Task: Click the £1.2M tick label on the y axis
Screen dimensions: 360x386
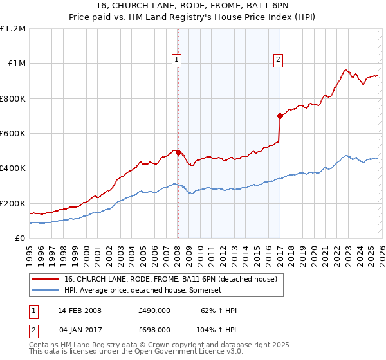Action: tap(13, 29)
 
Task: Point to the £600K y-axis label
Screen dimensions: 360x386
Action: tap(13, 134)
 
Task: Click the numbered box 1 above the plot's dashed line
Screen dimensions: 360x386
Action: tap(176, 60)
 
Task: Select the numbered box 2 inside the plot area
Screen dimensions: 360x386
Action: tap(279, 60)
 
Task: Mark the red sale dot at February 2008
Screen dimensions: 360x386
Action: tap(178, 153)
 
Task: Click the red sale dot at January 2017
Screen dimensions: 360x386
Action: tap(280, 116)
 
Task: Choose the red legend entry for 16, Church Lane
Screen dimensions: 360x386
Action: tap(170, 279)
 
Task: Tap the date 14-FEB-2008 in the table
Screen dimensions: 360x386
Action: tap(80, 310)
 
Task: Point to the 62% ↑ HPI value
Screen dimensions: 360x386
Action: tap(218, 310)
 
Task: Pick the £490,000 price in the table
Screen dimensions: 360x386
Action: tap(154, 310)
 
